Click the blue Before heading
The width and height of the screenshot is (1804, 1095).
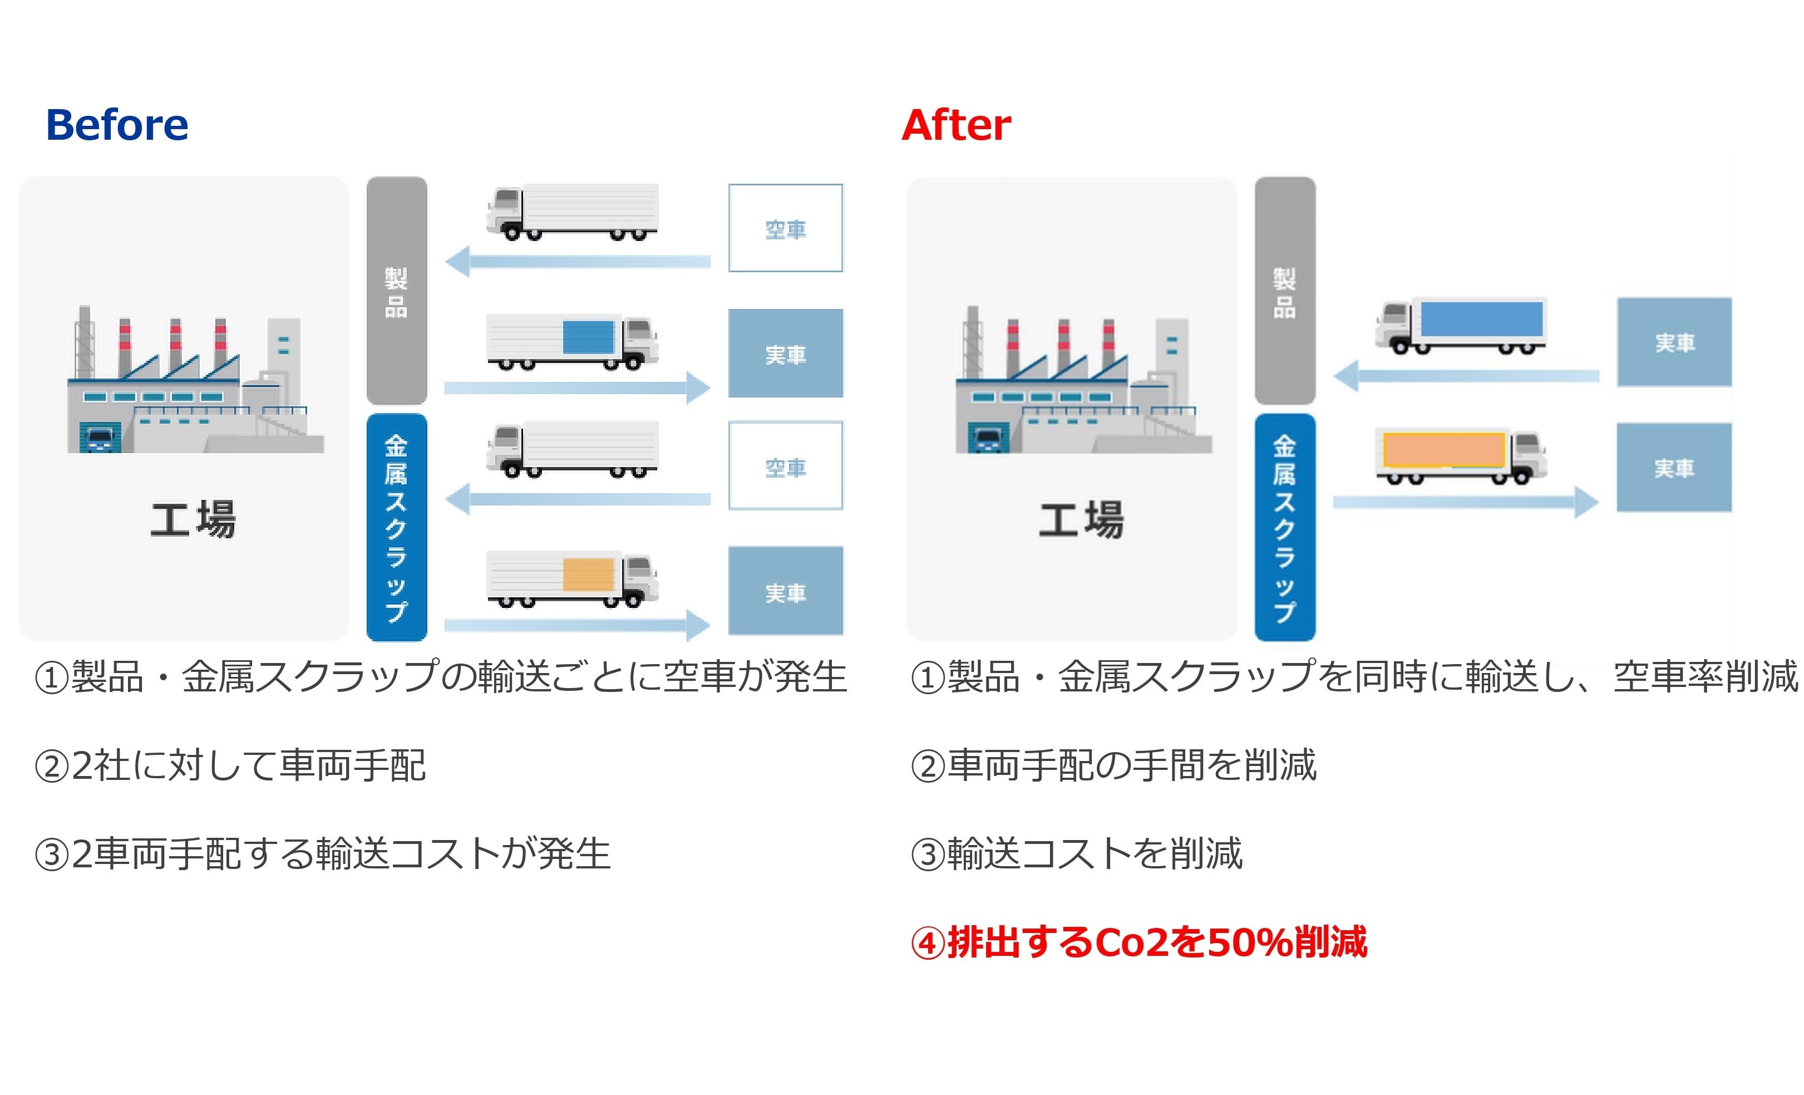pos(117,125)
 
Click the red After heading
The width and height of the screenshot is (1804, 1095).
pos(955,125)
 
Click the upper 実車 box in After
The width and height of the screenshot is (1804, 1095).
pos(1674,342)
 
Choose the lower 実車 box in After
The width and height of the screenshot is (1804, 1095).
pos(1674,467)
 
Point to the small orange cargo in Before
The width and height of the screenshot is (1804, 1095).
pos(588,574)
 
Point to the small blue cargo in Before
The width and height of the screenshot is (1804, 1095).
pos(588,337)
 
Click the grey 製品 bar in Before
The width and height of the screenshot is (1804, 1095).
pos(396,291)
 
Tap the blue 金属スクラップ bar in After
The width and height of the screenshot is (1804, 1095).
pos(1284,527)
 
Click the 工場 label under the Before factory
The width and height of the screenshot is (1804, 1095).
pos(193,519)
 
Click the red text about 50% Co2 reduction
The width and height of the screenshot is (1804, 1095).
pos(1138,942)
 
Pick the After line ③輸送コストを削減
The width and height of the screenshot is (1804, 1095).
pos(1076,854)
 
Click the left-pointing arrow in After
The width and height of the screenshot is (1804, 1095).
pos(1464,376)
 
